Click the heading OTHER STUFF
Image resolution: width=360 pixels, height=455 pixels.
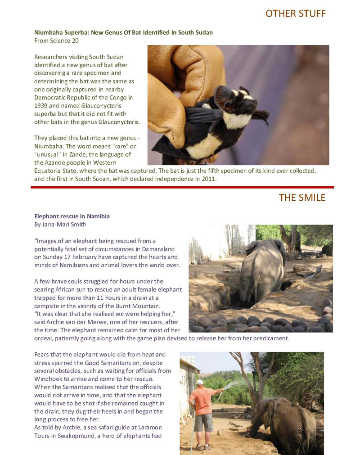295,13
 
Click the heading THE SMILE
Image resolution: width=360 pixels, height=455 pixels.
301,198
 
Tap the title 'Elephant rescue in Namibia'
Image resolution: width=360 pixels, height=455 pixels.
72,216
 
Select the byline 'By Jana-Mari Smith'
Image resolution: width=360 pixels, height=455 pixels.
60,224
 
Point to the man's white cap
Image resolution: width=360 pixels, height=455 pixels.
200,382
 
